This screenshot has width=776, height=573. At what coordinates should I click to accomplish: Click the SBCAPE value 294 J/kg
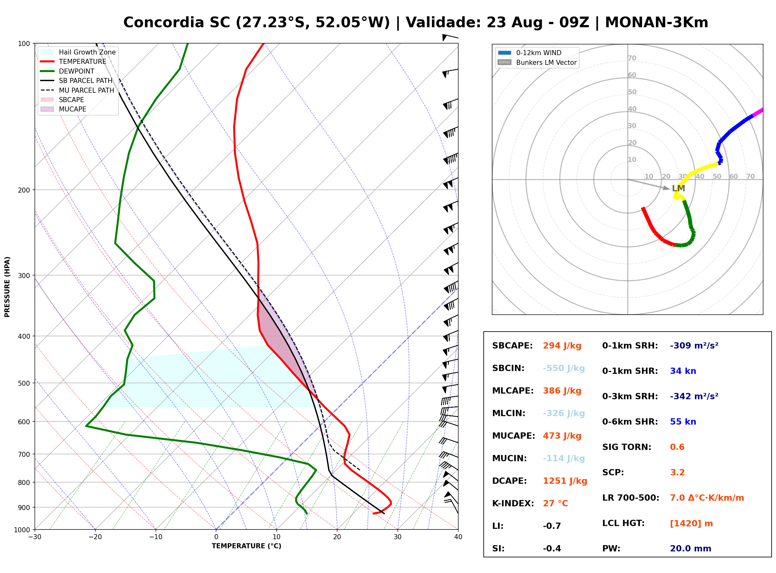tap(562, 346)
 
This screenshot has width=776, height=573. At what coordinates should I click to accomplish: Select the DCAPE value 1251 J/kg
tap(565, 481)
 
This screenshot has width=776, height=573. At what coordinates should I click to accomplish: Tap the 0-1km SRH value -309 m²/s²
tap(694, 345)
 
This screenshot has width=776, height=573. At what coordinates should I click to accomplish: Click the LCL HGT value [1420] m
tap(691, 524)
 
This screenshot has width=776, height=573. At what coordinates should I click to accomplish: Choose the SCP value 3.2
tap(677, 472)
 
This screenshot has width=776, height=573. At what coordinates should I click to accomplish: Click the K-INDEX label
tap(513, 503)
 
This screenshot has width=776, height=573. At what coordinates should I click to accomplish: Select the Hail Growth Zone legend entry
tap(78, 52)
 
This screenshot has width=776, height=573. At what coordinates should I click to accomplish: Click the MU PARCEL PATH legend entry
tap(77, 90)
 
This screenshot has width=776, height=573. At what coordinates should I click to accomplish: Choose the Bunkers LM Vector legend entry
tap(537, 62)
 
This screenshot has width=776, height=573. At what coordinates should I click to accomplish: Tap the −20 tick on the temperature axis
tap(95, 537)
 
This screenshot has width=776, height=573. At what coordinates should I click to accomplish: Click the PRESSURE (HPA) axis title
tap(7, 287)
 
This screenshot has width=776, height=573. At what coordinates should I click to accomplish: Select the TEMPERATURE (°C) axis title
tap(247, 546)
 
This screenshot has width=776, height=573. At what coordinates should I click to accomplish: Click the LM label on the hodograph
tap(678, 188)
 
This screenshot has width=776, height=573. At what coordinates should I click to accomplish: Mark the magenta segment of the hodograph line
tap(757, 113)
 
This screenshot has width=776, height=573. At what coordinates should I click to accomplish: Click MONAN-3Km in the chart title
tap(656, 23)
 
